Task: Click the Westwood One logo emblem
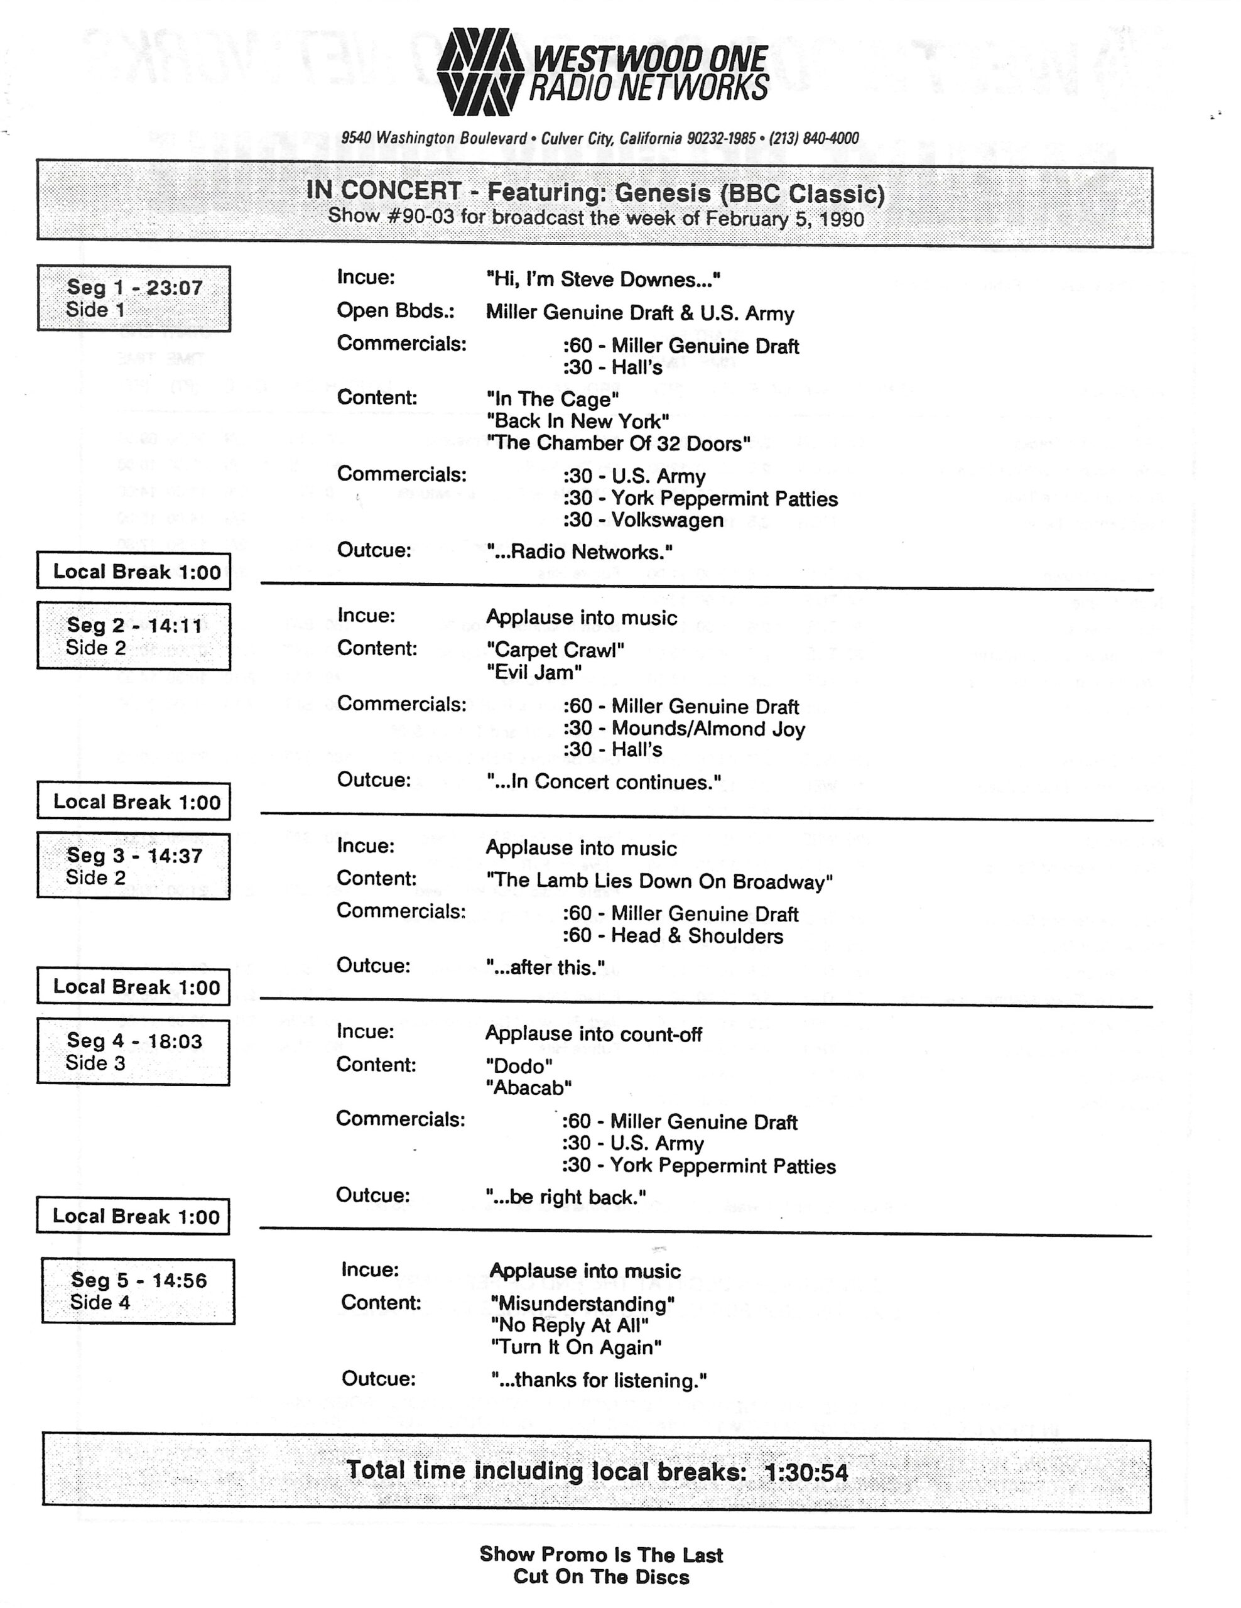click(x=479, y=72)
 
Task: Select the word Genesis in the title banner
click(x=663, y=193)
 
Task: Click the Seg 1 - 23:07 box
click(x=134, y=298)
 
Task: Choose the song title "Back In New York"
click(x=578, y=421)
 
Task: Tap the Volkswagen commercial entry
click(x=643, y=521)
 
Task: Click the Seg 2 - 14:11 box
click(x=134, y=636)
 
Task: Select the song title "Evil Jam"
click(x=534, y=672)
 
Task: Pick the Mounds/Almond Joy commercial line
click(x=684, y=729)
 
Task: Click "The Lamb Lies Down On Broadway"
click(x=659, y=881)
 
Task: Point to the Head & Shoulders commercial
click(x=673, y=936)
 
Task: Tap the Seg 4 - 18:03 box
click(x=133, y=1051)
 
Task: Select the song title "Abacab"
click(x=528, y=1087)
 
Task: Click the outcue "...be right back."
click(x=565, y=1198)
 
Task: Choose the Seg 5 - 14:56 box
click(x=138, y=1291)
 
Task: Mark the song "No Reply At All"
click(x=569, y=1326)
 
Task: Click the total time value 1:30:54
click(x=806, y=1472)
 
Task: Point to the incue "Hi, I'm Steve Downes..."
click(x=603, y=280)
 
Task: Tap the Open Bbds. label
click(x=395, y=311)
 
